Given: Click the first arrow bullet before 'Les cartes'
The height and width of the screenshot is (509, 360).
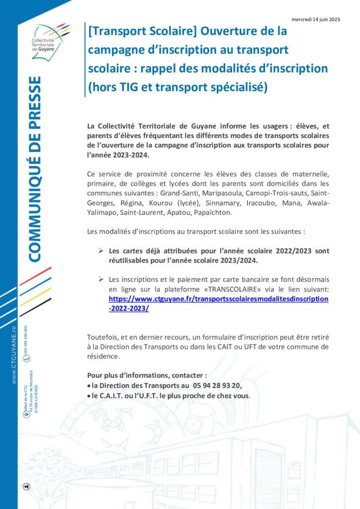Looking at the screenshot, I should (100, 251).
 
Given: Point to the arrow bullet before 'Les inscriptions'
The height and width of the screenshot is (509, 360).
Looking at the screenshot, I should (100, 279).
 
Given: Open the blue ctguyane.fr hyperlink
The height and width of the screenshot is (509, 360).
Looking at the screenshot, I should (218, 299).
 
